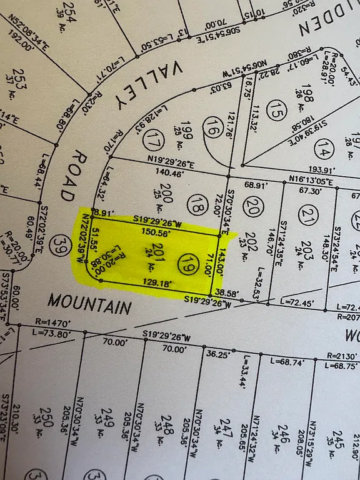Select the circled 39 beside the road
coord(61,242)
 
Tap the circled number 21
coord(306,216)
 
